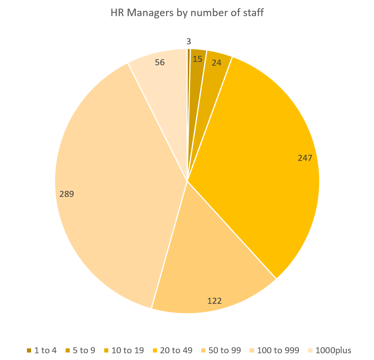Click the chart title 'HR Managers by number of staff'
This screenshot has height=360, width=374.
pos(187,13)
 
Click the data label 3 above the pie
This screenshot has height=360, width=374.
pos(188,42)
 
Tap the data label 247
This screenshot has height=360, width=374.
pos(305,158)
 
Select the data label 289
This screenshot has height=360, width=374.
pos(67,194)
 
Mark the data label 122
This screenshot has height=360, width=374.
pos(214,300)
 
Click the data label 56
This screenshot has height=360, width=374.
pos(160,62)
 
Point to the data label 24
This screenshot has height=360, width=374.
pos(216,63)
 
